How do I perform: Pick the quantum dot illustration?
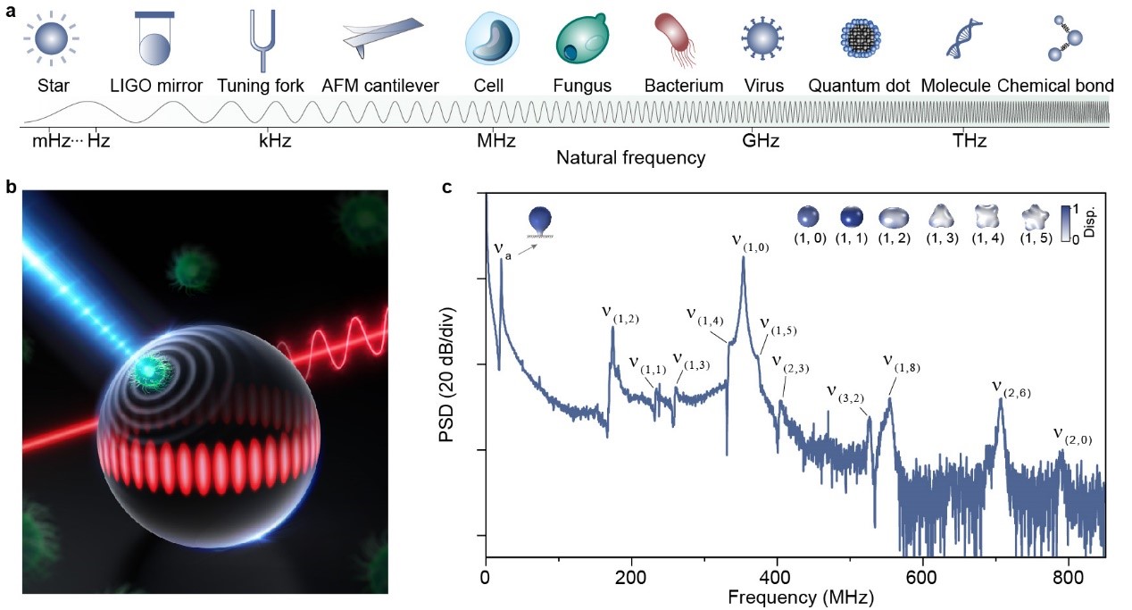point(860,38)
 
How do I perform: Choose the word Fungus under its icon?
point(582,87)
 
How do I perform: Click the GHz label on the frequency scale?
point(762,141)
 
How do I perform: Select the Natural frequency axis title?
point(630,159)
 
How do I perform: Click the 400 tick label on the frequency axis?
point(777,578)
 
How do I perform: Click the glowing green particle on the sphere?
point(142,366)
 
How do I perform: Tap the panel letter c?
point(447,187)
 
